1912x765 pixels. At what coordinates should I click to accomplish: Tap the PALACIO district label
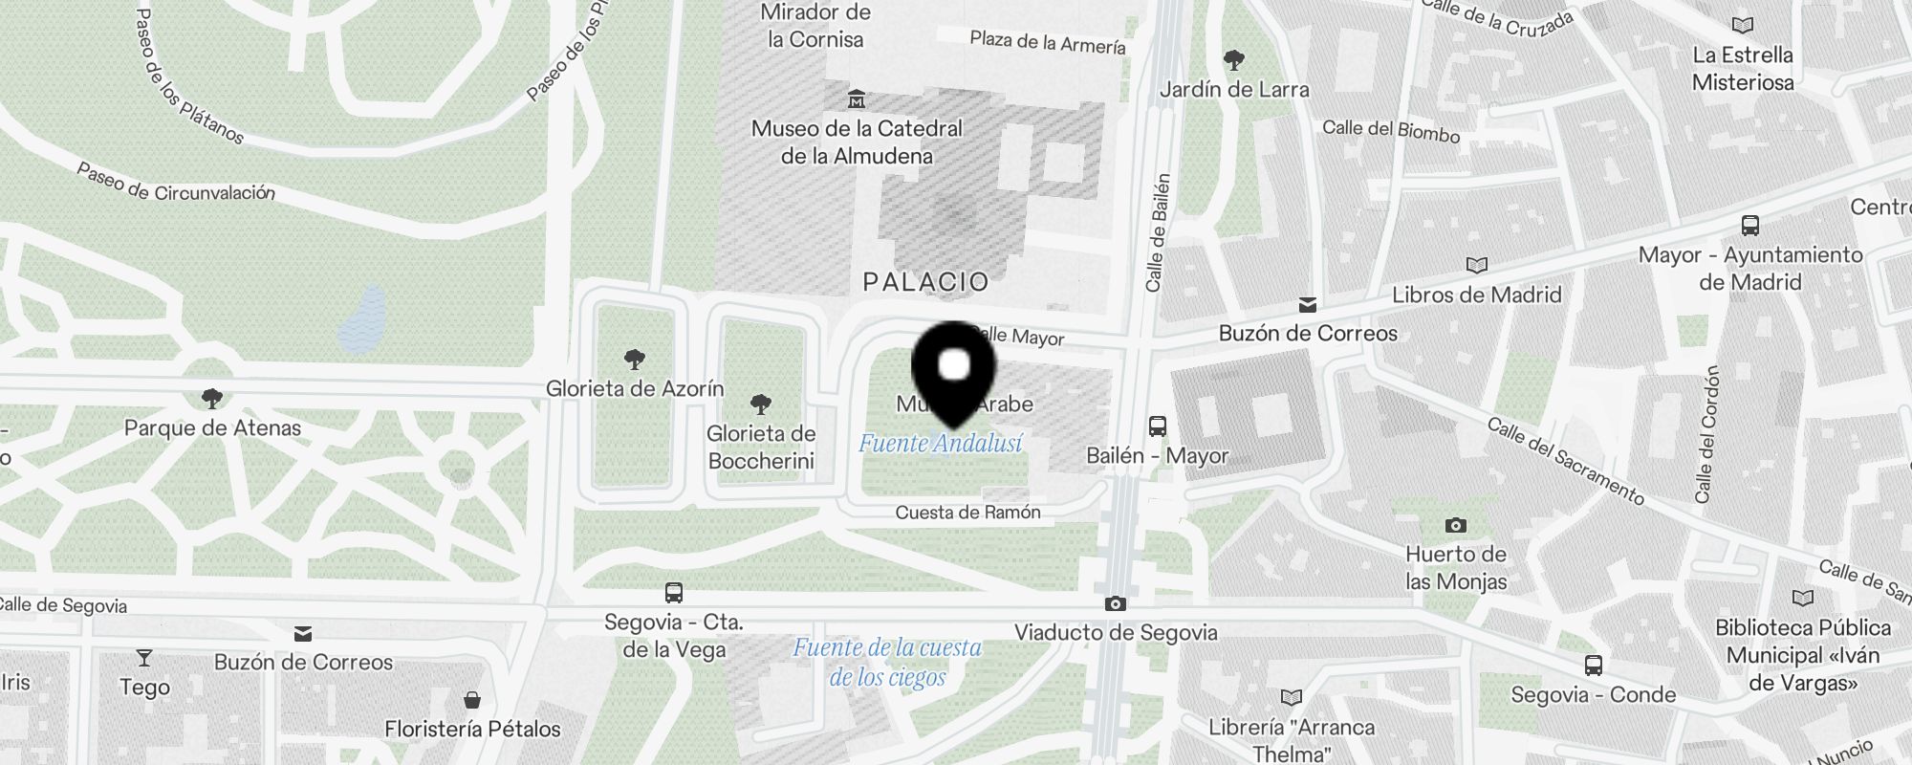point(925,282)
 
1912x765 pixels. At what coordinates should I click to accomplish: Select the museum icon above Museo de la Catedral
point(857,98)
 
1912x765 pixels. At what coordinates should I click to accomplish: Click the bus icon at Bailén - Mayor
point(1157,426)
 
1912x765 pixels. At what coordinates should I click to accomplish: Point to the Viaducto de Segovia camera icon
point(1115,603)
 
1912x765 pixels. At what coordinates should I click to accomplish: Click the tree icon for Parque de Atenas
point(212,399)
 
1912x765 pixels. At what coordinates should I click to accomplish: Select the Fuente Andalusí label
point(940,444)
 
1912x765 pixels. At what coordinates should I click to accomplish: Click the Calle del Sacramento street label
point(1565,462)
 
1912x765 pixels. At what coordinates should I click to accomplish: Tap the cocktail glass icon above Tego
point(144,658)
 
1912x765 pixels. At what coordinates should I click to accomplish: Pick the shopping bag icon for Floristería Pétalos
point(472,700)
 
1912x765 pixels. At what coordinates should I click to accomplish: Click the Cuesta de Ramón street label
point(967,513)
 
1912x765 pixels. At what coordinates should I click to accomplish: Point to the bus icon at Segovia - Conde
point(1593,666)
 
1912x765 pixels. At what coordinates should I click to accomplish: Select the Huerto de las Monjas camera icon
point(1455,525)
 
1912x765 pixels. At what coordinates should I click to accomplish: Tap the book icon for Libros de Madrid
point(1476,265)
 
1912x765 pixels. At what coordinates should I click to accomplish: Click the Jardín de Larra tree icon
point(1234,60)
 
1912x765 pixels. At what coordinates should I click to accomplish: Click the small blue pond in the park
point(363,319)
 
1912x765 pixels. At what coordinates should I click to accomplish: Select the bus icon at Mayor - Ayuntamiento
point(1749,226)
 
